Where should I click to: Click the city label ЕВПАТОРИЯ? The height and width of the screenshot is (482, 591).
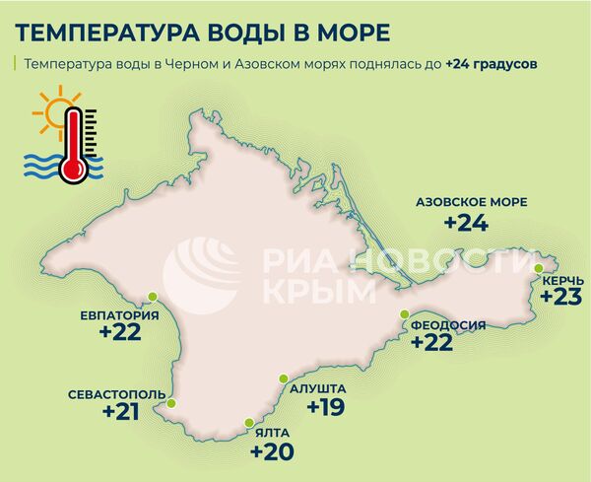(x=120, y=315)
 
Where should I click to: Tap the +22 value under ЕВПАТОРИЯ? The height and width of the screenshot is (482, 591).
(x=120, y=333)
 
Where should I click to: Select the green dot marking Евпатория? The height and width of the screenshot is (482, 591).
(x=153, y=295)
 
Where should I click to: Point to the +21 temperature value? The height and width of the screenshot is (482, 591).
(x=121, y=412)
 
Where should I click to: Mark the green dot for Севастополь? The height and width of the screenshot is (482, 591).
(x=171, y=402)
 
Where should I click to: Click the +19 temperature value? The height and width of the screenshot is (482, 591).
(x=325, y=406)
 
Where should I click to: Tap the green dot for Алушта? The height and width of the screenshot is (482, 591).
(x=283, y=379)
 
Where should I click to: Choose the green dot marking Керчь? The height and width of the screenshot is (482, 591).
(x=538, y=268)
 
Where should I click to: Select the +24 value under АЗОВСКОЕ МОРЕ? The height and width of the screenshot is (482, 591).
(x=466, y=223)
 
